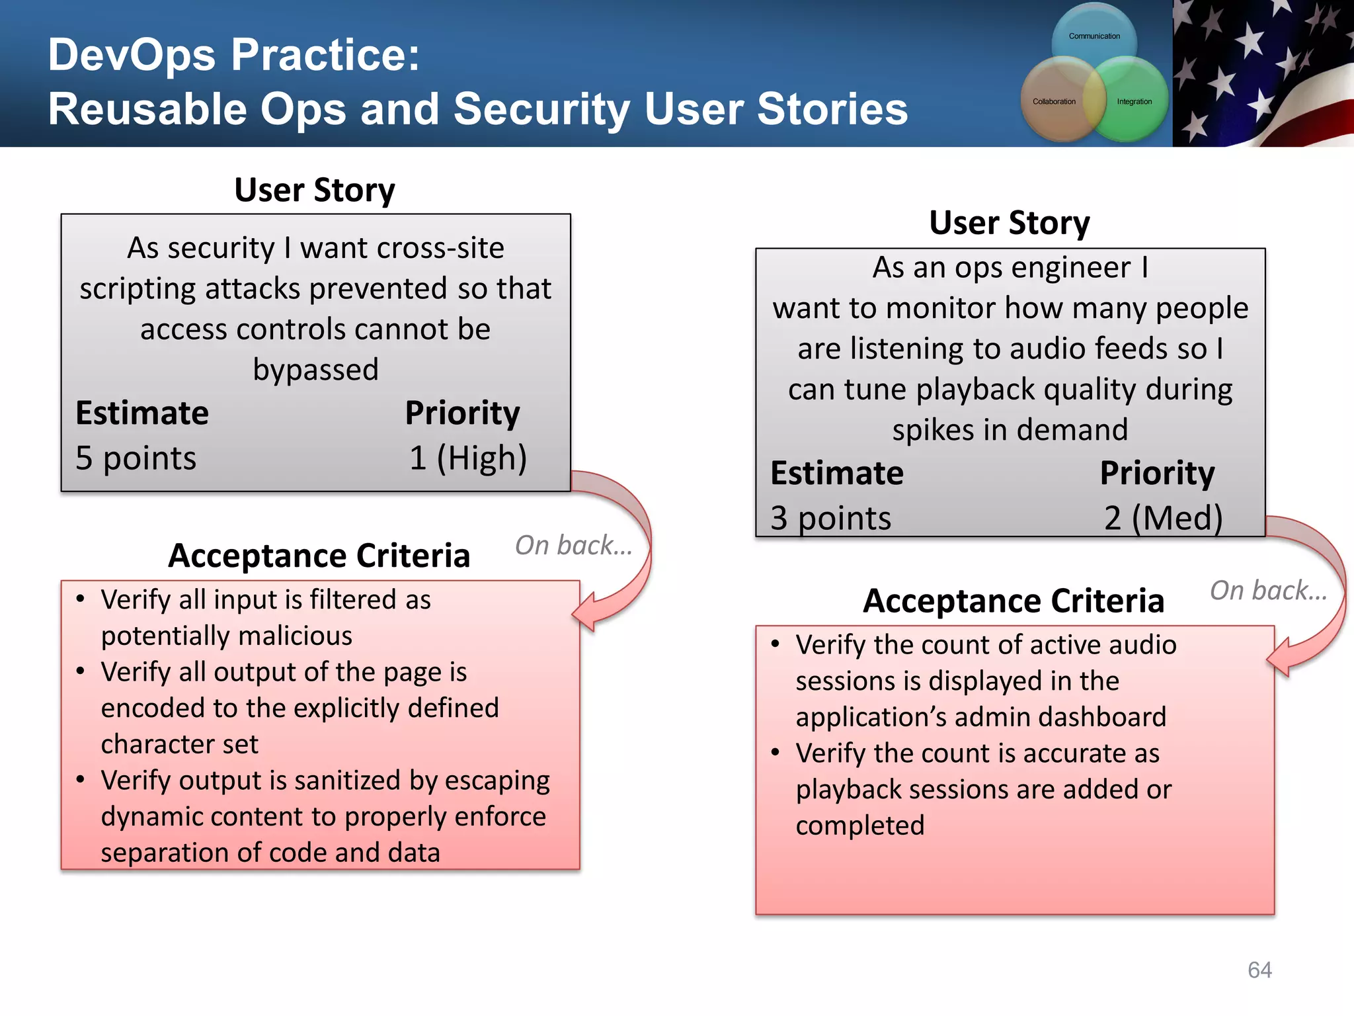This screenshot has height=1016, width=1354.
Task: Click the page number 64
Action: (x=1259, y=970)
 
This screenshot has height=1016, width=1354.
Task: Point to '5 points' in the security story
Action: (x=136, y=458)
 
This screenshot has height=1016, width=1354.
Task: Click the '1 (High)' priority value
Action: (x=467, y=458)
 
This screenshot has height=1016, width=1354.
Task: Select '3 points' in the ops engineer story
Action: (x=830, y=517)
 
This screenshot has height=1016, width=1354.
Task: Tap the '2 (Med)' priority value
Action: (x=1163, y=517)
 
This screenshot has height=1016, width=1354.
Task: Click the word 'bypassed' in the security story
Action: (x=315, y=369)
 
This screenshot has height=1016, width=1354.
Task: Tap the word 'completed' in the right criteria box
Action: (x=859, y=825)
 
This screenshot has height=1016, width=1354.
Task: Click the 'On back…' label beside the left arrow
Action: (x=573, y=545)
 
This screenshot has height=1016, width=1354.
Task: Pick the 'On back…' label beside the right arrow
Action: (x=1268, y=590)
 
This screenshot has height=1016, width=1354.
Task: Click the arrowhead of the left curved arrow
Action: (x=586, y=612)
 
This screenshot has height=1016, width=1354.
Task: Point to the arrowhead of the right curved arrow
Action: (x=1280, y=657)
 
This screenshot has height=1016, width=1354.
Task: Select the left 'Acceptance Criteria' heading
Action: (x=319, y=555)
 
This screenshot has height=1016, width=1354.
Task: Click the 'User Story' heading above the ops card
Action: (x=1009, y=222)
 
